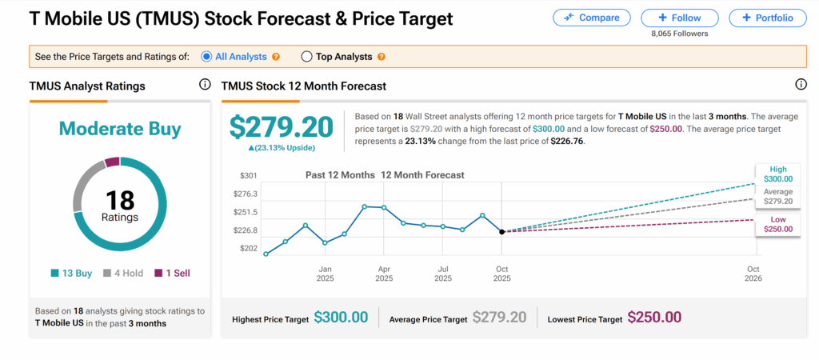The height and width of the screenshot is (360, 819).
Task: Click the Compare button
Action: [591, 18]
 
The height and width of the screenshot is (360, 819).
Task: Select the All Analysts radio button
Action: [206, 57]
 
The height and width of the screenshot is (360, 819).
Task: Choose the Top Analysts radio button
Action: [306, 57]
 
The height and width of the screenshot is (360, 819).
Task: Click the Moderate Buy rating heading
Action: [120, 129]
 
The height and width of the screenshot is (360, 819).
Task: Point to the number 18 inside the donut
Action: [120, 200]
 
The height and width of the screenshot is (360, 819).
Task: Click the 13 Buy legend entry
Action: [71, 273]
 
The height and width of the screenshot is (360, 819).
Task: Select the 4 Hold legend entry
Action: [122, 273]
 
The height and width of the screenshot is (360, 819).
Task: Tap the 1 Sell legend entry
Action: [172, 273]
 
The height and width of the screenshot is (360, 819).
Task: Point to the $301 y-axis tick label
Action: [248, 175]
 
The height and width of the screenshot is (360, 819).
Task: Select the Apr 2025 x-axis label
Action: [384, 274]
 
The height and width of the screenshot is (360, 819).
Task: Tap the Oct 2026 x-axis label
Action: [753, 274]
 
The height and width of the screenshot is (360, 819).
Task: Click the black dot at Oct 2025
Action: [501, 232]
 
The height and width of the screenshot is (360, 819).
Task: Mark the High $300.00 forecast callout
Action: [778, 175]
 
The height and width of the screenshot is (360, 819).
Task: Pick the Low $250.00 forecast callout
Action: [778, 224]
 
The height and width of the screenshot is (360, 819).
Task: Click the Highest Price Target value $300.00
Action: [341, 318]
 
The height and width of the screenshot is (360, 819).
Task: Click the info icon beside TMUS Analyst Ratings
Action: [205, 85]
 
